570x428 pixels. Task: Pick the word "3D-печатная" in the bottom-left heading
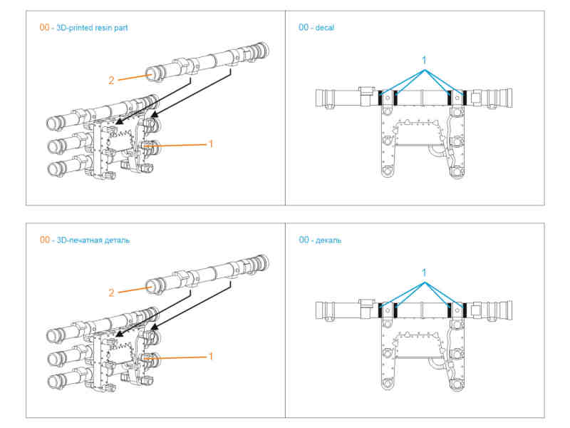[x=78, y=240]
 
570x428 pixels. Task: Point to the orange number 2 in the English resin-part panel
[x=111, y=81]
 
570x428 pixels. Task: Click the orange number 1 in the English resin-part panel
[x=210, y=144]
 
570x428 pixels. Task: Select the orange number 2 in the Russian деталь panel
[x=111, y=292]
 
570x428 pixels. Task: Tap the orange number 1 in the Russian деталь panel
[x=210, y=355]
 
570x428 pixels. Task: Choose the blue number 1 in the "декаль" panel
[x=424, y=272]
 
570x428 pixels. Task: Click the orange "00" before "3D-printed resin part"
[x=45, y=27]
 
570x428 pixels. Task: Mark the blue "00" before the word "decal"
[x=304, y=27]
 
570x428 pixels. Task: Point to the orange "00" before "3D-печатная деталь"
[x=45, y=240]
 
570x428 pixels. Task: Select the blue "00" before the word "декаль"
[x=304, y=240]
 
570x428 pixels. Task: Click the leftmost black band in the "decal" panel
[x=381, y=98]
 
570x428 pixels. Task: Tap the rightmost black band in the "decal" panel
[x=465, y=98]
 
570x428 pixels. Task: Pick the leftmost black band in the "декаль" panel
[x=381, y=310]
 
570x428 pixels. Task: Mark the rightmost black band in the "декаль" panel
[x=465, y=310]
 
